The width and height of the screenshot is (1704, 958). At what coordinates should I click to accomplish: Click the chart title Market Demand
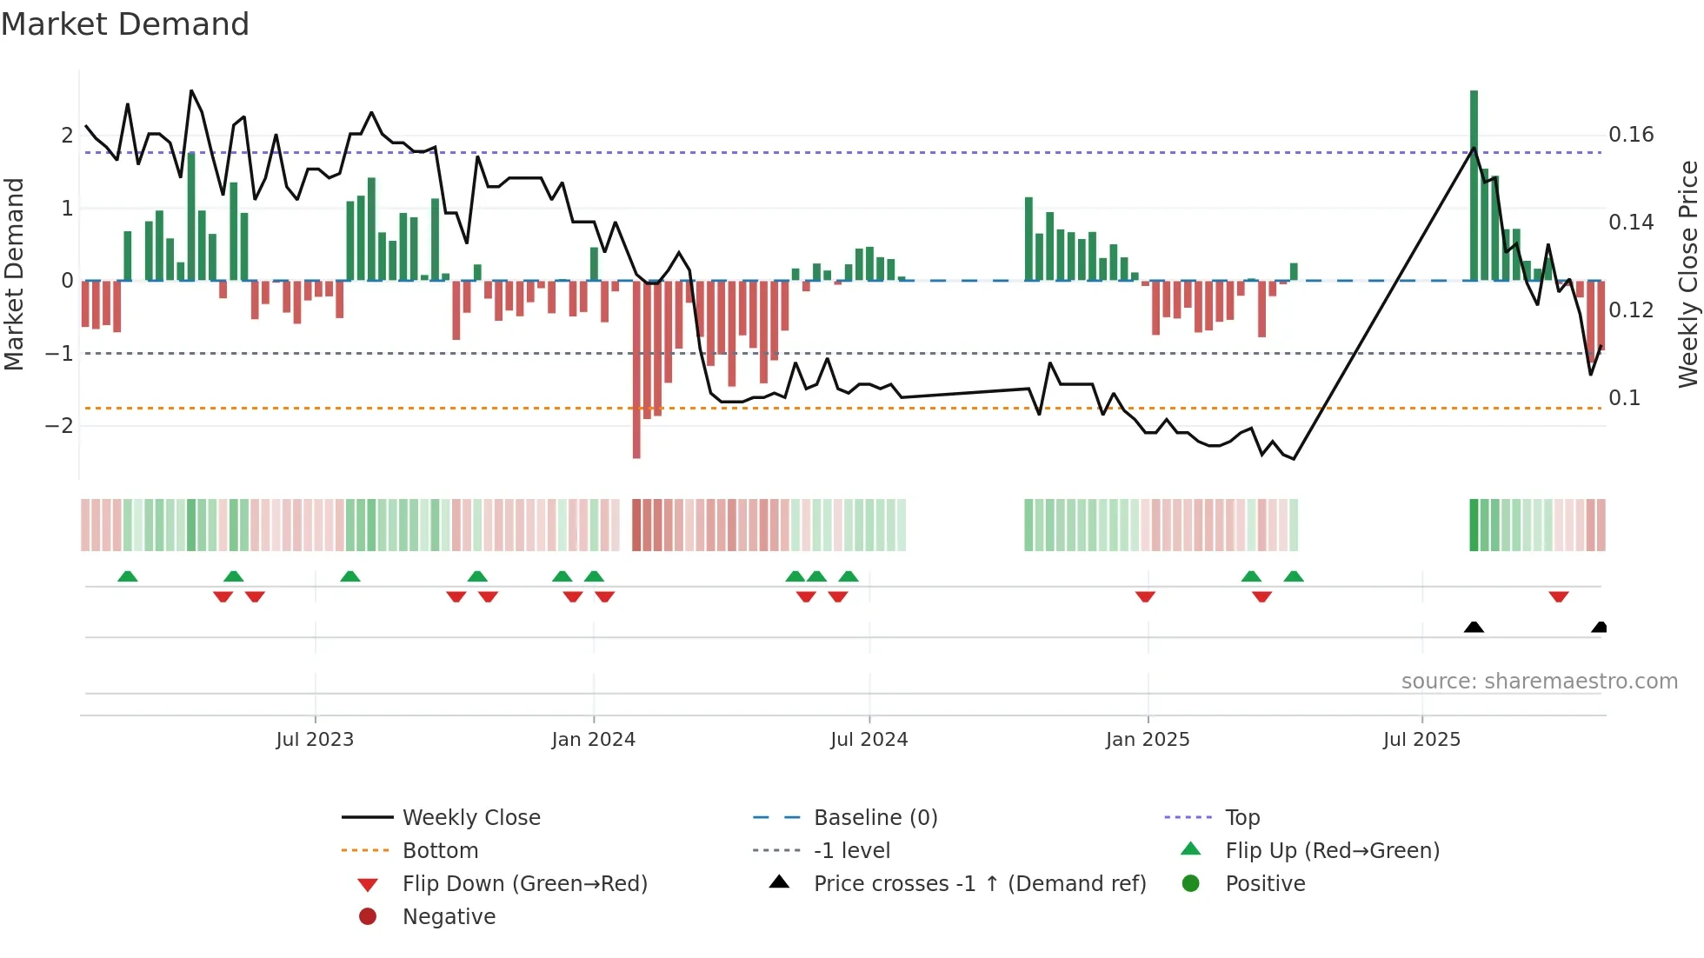coord(125,24)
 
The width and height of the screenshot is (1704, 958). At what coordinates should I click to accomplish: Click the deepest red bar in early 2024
coord(636,369)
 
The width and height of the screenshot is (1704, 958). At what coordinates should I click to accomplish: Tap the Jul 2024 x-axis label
coord(869,740)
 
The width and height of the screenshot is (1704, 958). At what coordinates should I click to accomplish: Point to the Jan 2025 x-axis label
coord(1148,740)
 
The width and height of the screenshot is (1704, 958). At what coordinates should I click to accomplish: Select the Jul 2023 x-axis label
coord(315,740)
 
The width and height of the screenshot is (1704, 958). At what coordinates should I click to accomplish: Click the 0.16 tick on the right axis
coord(1631,135)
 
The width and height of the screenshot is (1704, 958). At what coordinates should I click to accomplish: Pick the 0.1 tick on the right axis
coord(1624,398)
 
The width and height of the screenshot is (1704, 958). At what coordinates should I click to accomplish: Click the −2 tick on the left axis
coord(59,426)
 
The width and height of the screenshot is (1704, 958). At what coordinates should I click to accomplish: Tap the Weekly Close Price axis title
coord(1688,274)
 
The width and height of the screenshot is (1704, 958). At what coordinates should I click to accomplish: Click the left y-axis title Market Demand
coord(14,274)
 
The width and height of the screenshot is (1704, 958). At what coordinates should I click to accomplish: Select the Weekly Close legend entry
coord(470,818)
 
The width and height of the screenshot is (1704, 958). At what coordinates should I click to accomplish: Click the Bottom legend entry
coord(440,851)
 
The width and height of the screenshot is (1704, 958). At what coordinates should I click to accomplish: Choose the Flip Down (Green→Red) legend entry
coord(524,884)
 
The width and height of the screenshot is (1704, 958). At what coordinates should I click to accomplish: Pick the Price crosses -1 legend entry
coord(979,884)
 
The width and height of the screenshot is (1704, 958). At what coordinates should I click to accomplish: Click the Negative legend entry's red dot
coord(368,917)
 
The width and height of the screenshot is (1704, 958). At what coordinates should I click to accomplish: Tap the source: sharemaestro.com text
coord(1539,682)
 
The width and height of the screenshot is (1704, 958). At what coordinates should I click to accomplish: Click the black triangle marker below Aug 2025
coord(1474,628)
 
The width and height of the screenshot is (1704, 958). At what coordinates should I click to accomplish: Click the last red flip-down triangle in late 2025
coord(1558,596)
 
